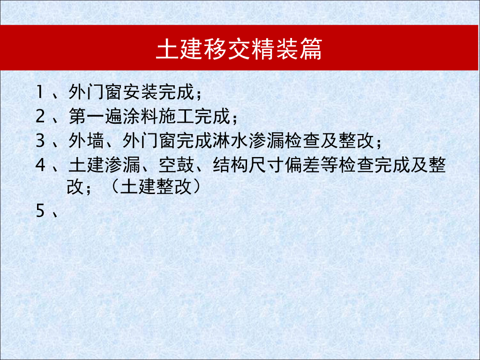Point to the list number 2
[x=40, y=117]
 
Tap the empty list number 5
[x=40, y=212]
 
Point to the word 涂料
[x=139, y=117]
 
